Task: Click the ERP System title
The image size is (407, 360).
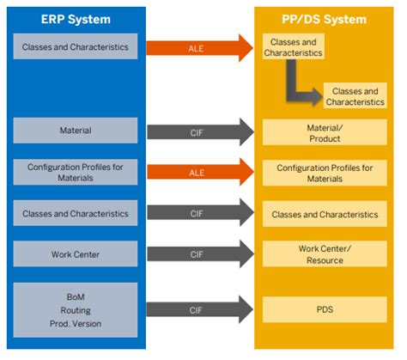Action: (x=76, y=17)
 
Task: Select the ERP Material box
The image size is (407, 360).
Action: (x=76, y=131)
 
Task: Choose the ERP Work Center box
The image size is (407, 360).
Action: (x=76, y=254)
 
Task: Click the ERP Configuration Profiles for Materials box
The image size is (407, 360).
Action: (x=76, y=173)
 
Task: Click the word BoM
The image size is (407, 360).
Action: (x=76, y=295)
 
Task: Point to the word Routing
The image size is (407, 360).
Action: (x=76, y=308)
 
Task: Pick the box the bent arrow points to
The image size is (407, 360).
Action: (x=354, y=96)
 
